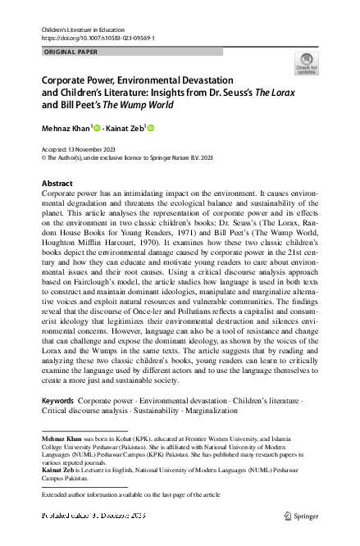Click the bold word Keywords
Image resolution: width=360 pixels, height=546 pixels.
[x=57, y=400]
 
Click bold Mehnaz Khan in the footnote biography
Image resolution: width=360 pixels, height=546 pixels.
[x=62, y=440]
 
